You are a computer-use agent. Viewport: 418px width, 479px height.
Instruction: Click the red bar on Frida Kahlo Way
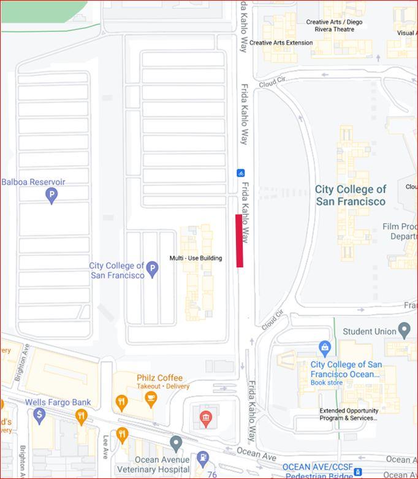tap(239, 240)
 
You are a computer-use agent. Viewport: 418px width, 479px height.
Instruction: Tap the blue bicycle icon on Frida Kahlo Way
tap(241, 173)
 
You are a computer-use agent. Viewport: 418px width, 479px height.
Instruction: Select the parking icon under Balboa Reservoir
tap(52, 196)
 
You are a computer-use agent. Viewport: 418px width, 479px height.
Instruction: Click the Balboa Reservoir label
tap(33, 182)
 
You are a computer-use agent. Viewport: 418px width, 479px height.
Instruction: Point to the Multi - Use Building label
tap(196, 258)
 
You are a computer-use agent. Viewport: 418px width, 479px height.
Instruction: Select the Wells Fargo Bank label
tap(58, 402)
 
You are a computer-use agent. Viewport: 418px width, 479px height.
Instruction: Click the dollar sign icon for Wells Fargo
tap(40, 415)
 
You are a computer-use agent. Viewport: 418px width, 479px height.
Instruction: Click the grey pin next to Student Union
tap(404, 331)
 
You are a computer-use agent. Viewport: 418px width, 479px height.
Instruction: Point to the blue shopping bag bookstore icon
tap(325, 348)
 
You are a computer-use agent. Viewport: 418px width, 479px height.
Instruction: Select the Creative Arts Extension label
tap(281, 43)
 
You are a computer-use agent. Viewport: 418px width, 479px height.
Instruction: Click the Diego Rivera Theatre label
tap(334, 25)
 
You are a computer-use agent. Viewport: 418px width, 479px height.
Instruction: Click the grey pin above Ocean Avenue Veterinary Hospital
tap(177, 442)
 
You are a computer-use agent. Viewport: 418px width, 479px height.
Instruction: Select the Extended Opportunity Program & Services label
tap(348, 415)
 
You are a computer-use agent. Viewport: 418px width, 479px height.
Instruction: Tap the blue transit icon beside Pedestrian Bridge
tap(358, 472)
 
